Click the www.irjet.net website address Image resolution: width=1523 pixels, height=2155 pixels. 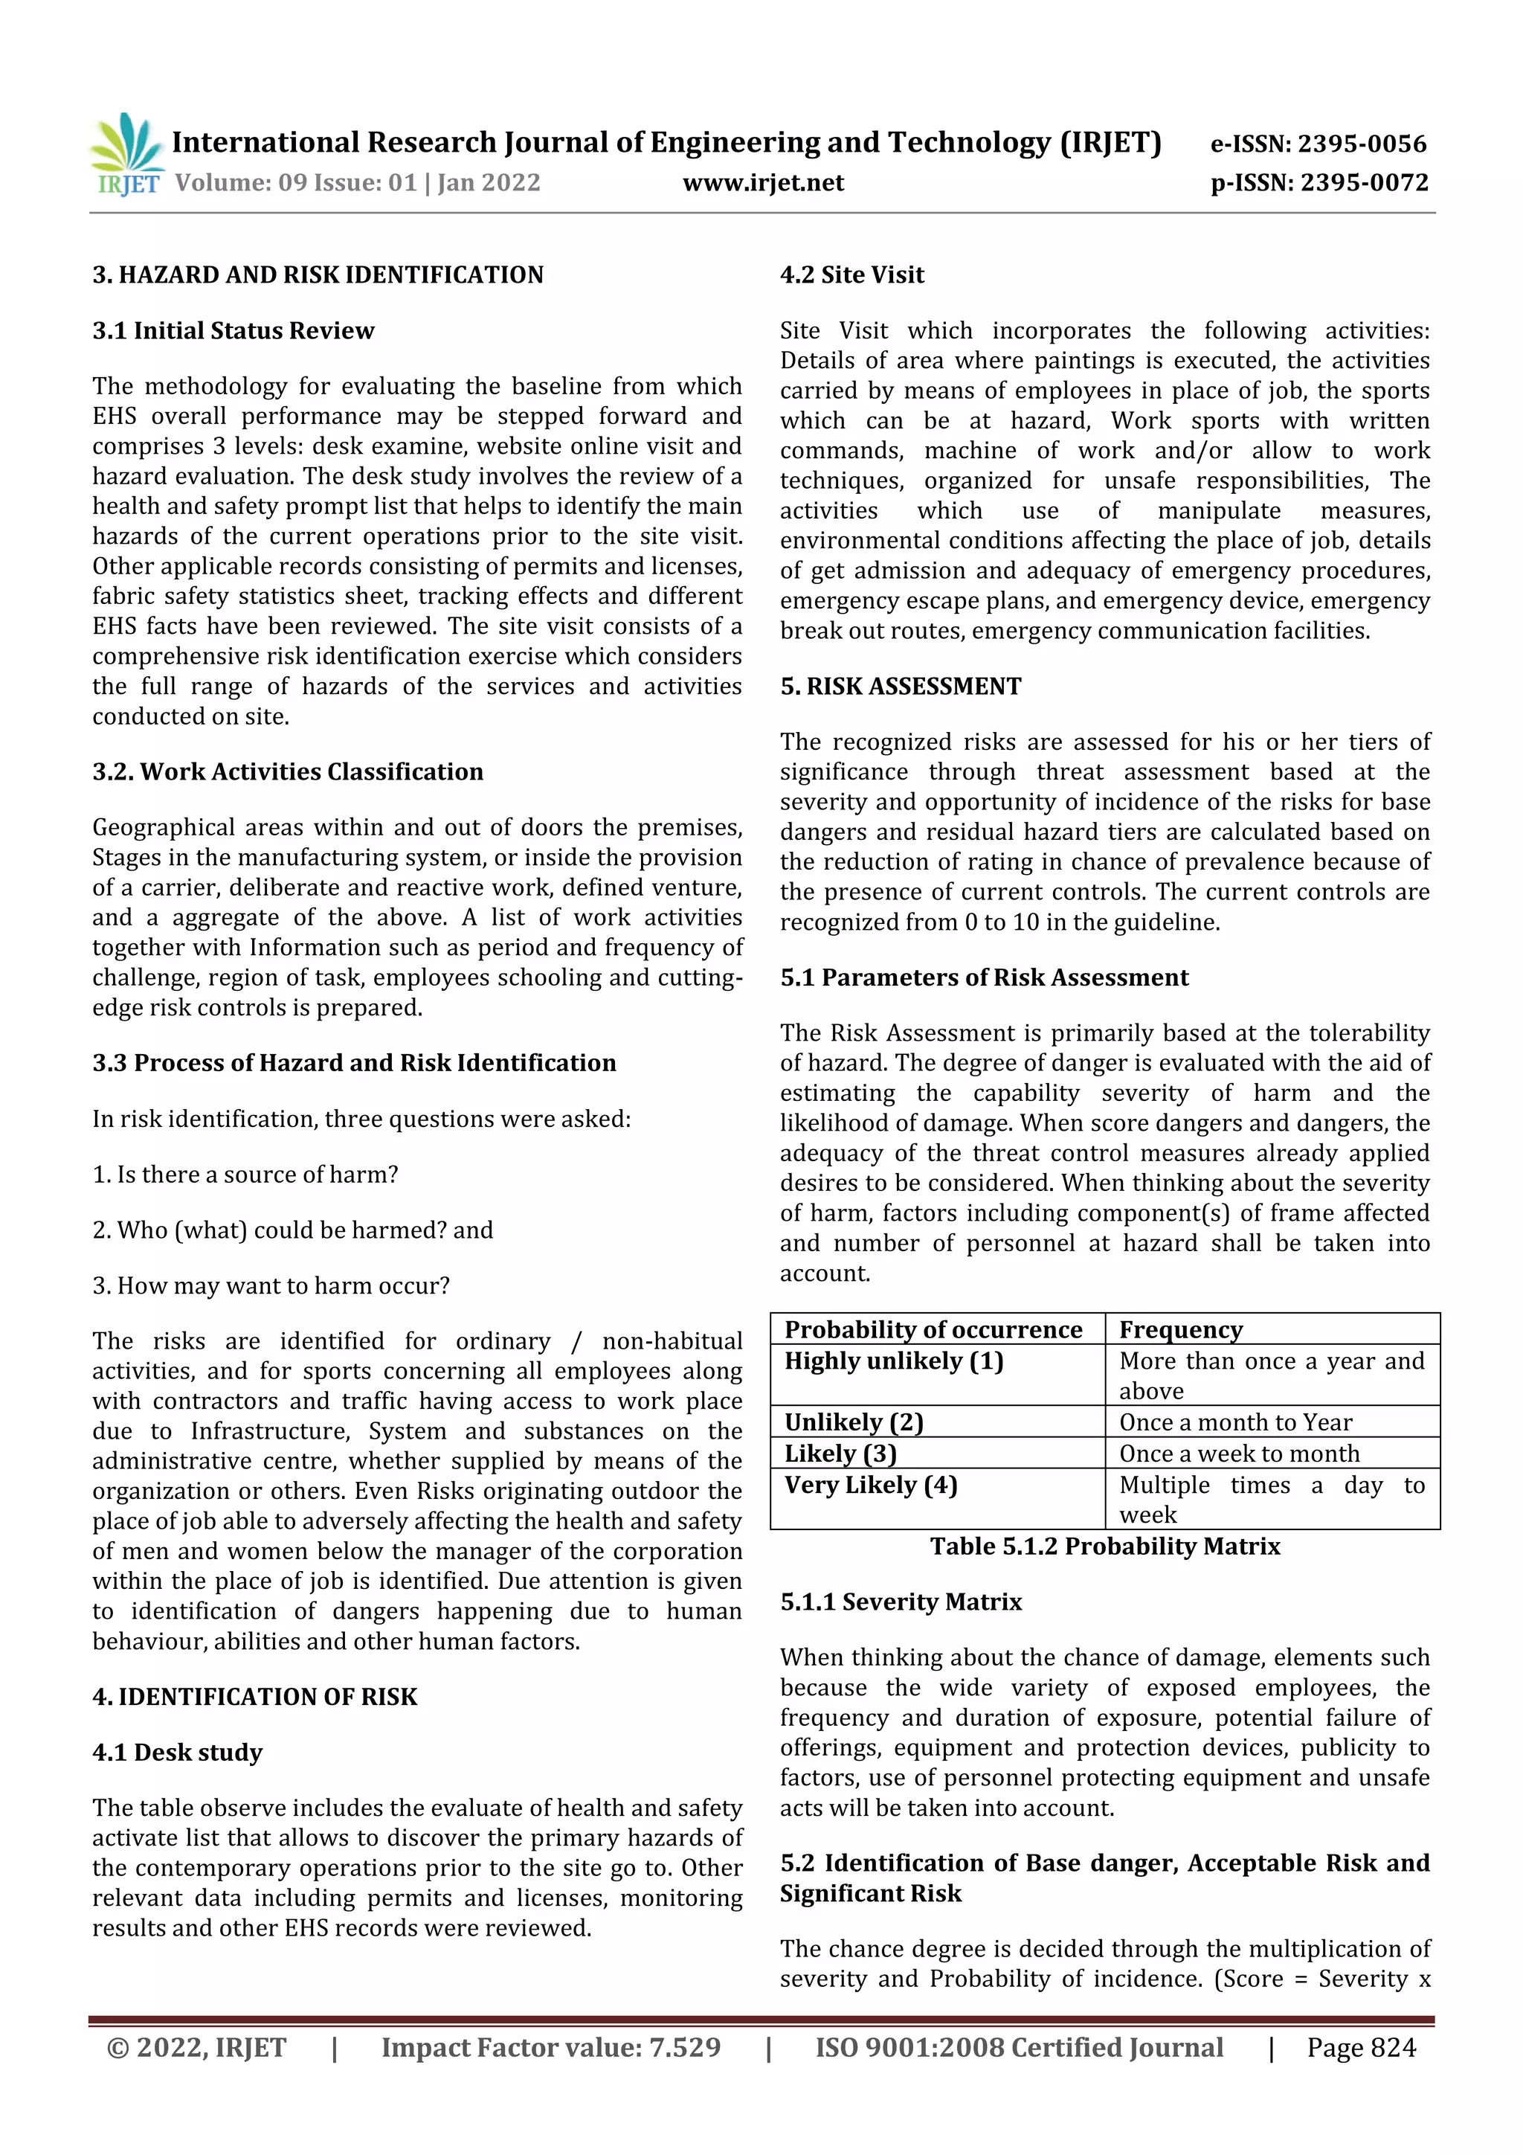tap(763, 182)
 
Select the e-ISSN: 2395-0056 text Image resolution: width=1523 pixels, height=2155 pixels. tap(1318, 144)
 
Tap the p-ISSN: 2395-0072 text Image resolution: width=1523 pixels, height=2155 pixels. tap(1318, 182)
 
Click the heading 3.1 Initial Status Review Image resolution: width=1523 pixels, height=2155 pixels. tap(233, 330)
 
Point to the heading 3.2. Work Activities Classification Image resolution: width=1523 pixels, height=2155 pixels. tap(287, 771)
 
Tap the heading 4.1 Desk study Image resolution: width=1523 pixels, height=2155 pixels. tap(177, 1753)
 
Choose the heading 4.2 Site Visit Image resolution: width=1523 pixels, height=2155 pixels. tap(851, 275)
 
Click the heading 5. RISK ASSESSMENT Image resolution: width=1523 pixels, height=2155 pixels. tap(900, 686)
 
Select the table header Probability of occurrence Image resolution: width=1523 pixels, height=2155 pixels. tap(933, 1329)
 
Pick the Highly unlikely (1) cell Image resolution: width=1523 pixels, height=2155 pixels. tap(893, 1361)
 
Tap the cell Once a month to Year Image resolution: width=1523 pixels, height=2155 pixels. tap(1235, 1422)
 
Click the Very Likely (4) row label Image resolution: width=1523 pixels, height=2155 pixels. tap(870, 1485)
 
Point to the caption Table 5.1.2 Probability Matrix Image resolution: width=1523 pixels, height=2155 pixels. tap(1104, 1546)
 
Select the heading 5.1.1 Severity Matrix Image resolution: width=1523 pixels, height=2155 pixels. tap(900, 1602)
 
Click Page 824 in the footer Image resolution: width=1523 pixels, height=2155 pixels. tap(1361, 2047)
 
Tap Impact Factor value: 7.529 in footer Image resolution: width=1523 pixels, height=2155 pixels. tap(551, 2047)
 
